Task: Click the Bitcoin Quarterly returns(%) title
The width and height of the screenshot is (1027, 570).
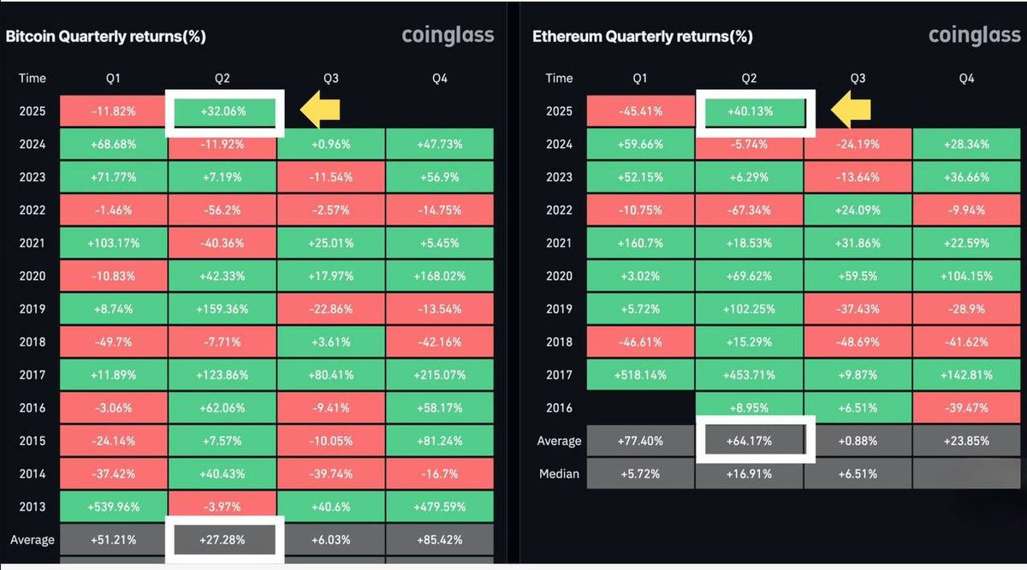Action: click(105, 37)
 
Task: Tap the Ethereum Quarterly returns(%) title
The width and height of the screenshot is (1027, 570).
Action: click(642, 37)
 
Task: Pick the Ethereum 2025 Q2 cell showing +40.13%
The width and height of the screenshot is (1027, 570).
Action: click(749, 111)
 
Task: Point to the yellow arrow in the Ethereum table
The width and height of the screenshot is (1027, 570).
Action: click(848, 110)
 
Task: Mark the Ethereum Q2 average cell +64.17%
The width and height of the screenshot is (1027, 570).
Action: click(749, 441)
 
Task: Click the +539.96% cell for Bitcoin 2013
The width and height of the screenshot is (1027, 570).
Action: click(113, 507)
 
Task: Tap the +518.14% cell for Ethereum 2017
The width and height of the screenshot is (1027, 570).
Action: click(639, 375)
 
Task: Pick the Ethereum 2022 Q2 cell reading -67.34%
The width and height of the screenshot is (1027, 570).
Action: click(749, 211)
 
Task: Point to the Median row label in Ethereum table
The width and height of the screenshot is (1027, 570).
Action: click(559, 473)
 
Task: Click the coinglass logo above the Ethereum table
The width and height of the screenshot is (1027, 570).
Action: click(974, 36)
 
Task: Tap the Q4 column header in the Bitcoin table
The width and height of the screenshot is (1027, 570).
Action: click(441, 78)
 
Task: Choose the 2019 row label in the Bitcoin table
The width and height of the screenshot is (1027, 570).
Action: click(33, 309)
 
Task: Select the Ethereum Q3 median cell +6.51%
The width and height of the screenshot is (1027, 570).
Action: click(858, 473)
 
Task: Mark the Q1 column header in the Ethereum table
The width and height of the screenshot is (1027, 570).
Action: click(639, 78)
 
